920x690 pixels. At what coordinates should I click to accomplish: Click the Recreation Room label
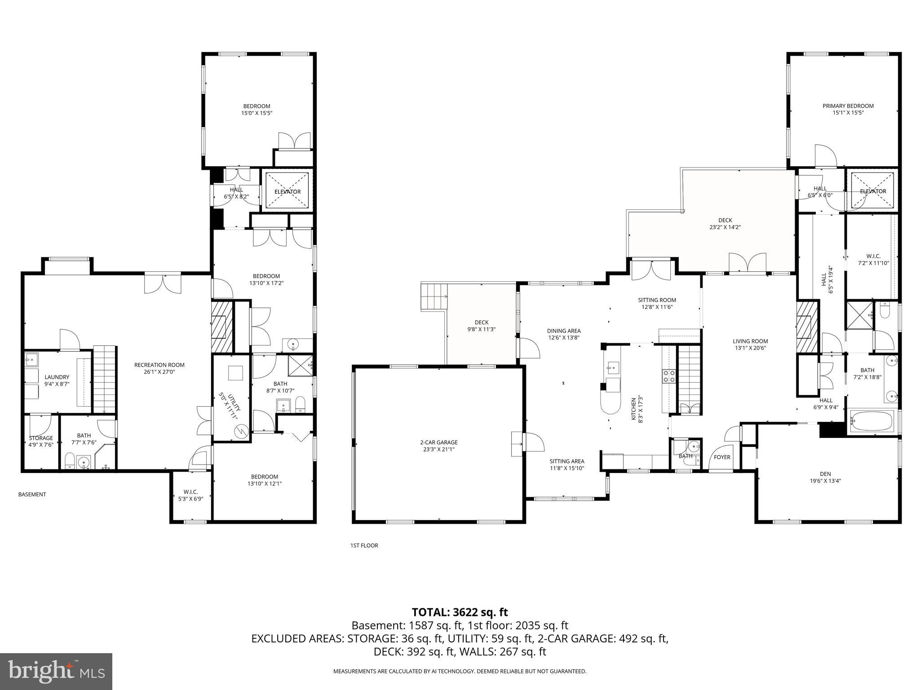(159, 365)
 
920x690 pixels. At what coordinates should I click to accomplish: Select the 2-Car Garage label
(438, 442)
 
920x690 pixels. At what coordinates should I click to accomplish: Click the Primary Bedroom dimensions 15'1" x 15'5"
(848, 113)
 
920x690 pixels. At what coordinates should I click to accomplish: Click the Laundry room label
(57, 377)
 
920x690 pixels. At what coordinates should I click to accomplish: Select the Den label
(825, 473)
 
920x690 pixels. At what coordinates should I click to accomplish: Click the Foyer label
(722, 457)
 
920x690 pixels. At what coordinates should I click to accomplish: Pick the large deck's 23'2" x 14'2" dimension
(725, 227)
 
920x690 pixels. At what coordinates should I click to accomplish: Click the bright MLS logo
(56, 671)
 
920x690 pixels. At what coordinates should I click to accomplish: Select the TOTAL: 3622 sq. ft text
(460, 612)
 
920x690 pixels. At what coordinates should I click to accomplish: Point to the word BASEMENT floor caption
(32, 494)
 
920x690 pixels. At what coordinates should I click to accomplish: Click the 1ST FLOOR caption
(364, 545)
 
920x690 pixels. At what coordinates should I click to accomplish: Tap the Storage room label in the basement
(41, 438)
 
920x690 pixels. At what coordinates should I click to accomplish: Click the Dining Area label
(563, 331)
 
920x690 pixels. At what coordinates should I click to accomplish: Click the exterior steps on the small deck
(434, 296)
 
